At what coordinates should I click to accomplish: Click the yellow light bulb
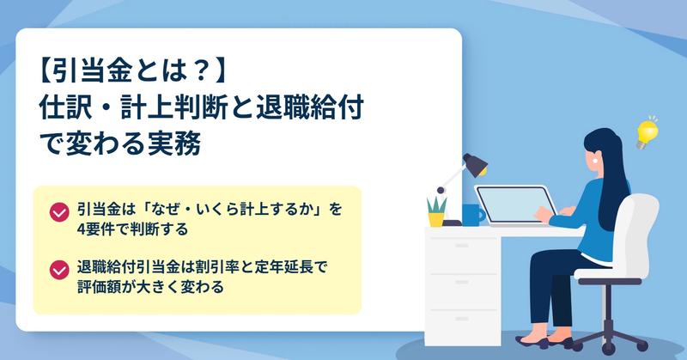click(647, 134)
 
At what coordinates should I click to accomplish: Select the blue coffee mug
click(472, 215)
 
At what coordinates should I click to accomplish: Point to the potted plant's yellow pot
click(436, 219)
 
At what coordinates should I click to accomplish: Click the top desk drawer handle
click(462, 246)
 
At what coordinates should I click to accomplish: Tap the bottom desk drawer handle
click(462, 319)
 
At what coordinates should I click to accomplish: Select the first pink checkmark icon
click(59, 212)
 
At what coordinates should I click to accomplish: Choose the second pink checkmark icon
click(59, 270)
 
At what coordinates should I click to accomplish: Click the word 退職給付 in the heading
click(310, 107)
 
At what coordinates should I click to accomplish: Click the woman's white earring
click(595, 160)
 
